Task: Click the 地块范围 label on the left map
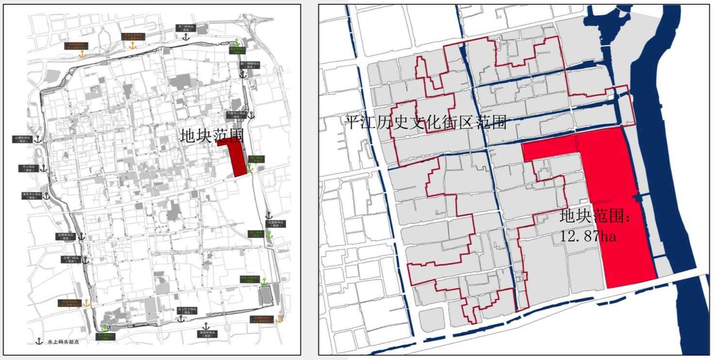click(x=211, y=135)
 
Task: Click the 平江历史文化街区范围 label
click(x=425, y=122)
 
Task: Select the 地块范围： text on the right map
click(x=596, y=216)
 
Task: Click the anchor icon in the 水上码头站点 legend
click(x=39, y=342)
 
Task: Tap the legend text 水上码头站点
click(x=64, y=342)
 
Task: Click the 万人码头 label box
click(x=29, y=168)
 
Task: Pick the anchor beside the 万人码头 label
click(x=43, y=168)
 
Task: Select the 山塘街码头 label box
click(x=25, y=139)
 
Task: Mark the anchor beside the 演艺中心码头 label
click(x=47, y=196)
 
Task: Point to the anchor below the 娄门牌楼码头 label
click(x=243, y=73)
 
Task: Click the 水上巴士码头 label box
click(x=185, y=311)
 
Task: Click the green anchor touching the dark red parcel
click(x=250, y=168)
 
